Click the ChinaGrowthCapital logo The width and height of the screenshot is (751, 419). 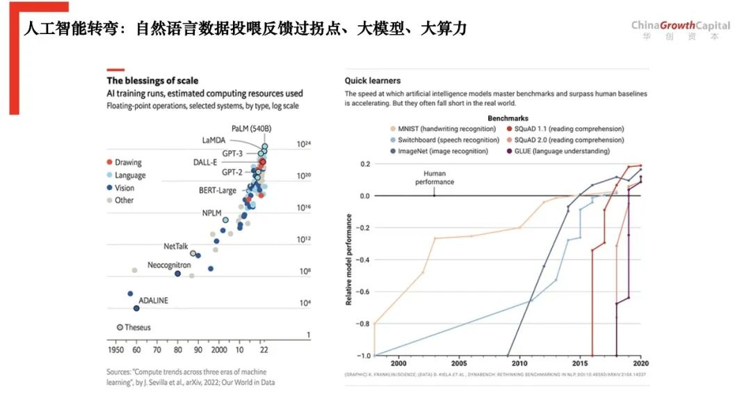coord(680,30)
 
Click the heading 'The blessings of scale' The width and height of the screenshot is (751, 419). coord(152,81)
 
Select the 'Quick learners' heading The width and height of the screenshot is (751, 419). coord(373,81)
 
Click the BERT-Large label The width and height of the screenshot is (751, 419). coord(218,190)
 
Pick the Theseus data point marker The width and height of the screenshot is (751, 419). coord(120,327)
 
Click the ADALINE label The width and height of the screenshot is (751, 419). coord(153,301)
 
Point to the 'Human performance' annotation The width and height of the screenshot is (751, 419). coord(435,177)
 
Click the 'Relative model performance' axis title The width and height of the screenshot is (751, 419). coord(348,260)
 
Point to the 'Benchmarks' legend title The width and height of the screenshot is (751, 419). coord(508,118)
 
